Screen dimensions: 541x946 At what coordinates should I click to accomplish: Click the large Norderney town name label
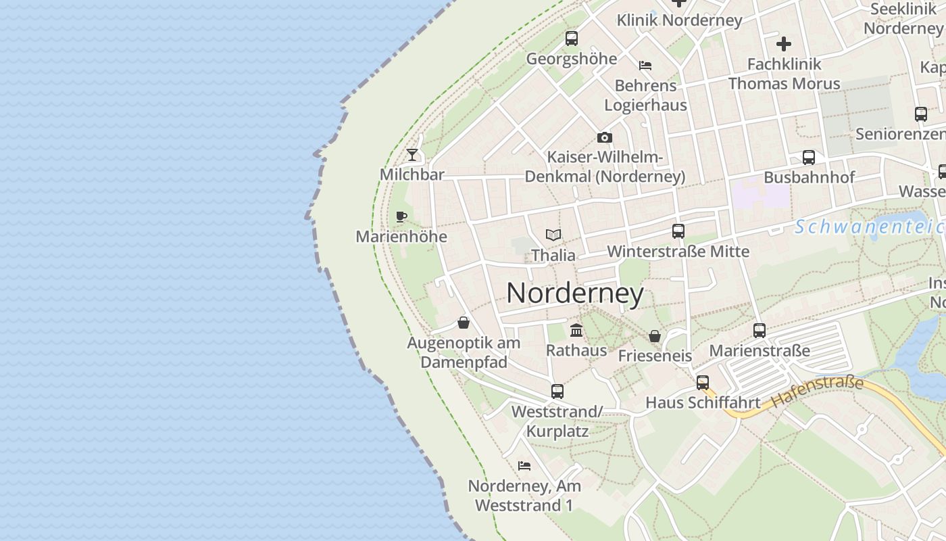pyautogui.click(x=574, y=293)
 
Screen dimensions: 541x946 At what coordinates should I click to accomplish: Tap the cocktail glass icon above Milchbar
pyautogui.click(x=412, y=155)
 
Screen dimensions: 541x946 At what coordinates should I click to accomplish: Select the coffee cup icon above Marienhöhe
pyautogui.click(x=401, y=216)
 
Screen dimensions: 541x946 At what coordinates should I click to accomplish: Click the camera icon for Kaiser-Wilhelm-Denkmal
pyautogui.click(x=605, y=137)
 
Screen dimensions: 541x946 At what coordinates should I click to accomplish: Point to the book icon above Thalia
pyautogui.click(x=553, y=235)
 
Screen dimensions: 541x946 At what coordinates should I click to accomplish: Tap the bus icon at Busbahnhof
pyautogui.click(x=809, y=158)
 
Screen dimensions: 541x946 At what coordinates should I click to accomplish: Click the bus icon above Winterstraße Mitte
pyautogui.click(x=678, y=231)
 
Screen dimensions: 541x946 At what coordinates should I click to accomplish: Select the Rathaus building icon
pyautogui.click(x=576, y=330)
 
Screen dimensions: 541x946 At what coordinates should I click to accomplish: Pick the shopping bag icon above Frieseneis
pyautogui.click(x=654, y=336)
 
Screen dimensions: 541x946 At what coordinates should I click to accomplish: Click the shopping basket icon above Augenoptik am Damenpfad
pyautogui.click(x=464, y=323)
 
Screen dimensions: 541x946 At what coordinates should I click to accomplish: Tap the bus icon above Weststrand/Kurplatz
pyautogui.click(x=557, y=392)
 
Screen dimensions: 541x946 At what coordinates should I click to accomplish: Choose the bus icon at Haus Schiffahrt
pyautogui.click(x=703, y=383)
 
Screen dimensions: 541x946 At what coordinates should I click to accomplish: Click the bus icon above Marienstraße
pyautogui.click(x=760, y=331)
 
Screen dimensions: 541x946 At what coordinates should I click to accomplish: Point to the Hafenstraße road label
pyautogui.click(x=818, y=392)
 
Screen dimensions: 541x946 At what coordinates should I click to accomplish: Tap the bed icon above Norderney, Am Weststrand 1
pyautogui.click(x=524, y=466)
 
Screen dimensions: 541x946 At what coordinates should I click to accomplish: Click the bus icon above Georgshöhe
pyautogui.click(x=572, y=39)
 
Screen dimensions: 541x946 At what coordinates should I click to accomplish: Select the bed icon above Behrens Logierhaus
pyautogui.click(x=645, y=66)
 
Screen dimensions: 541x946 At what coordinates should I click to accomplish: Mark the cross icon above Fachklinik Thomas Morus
pyautogui.click(x=784, y=45)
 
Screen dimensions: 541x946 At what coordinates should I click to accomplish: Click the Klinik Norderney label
pyautogui.click(x=679, y=20)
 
